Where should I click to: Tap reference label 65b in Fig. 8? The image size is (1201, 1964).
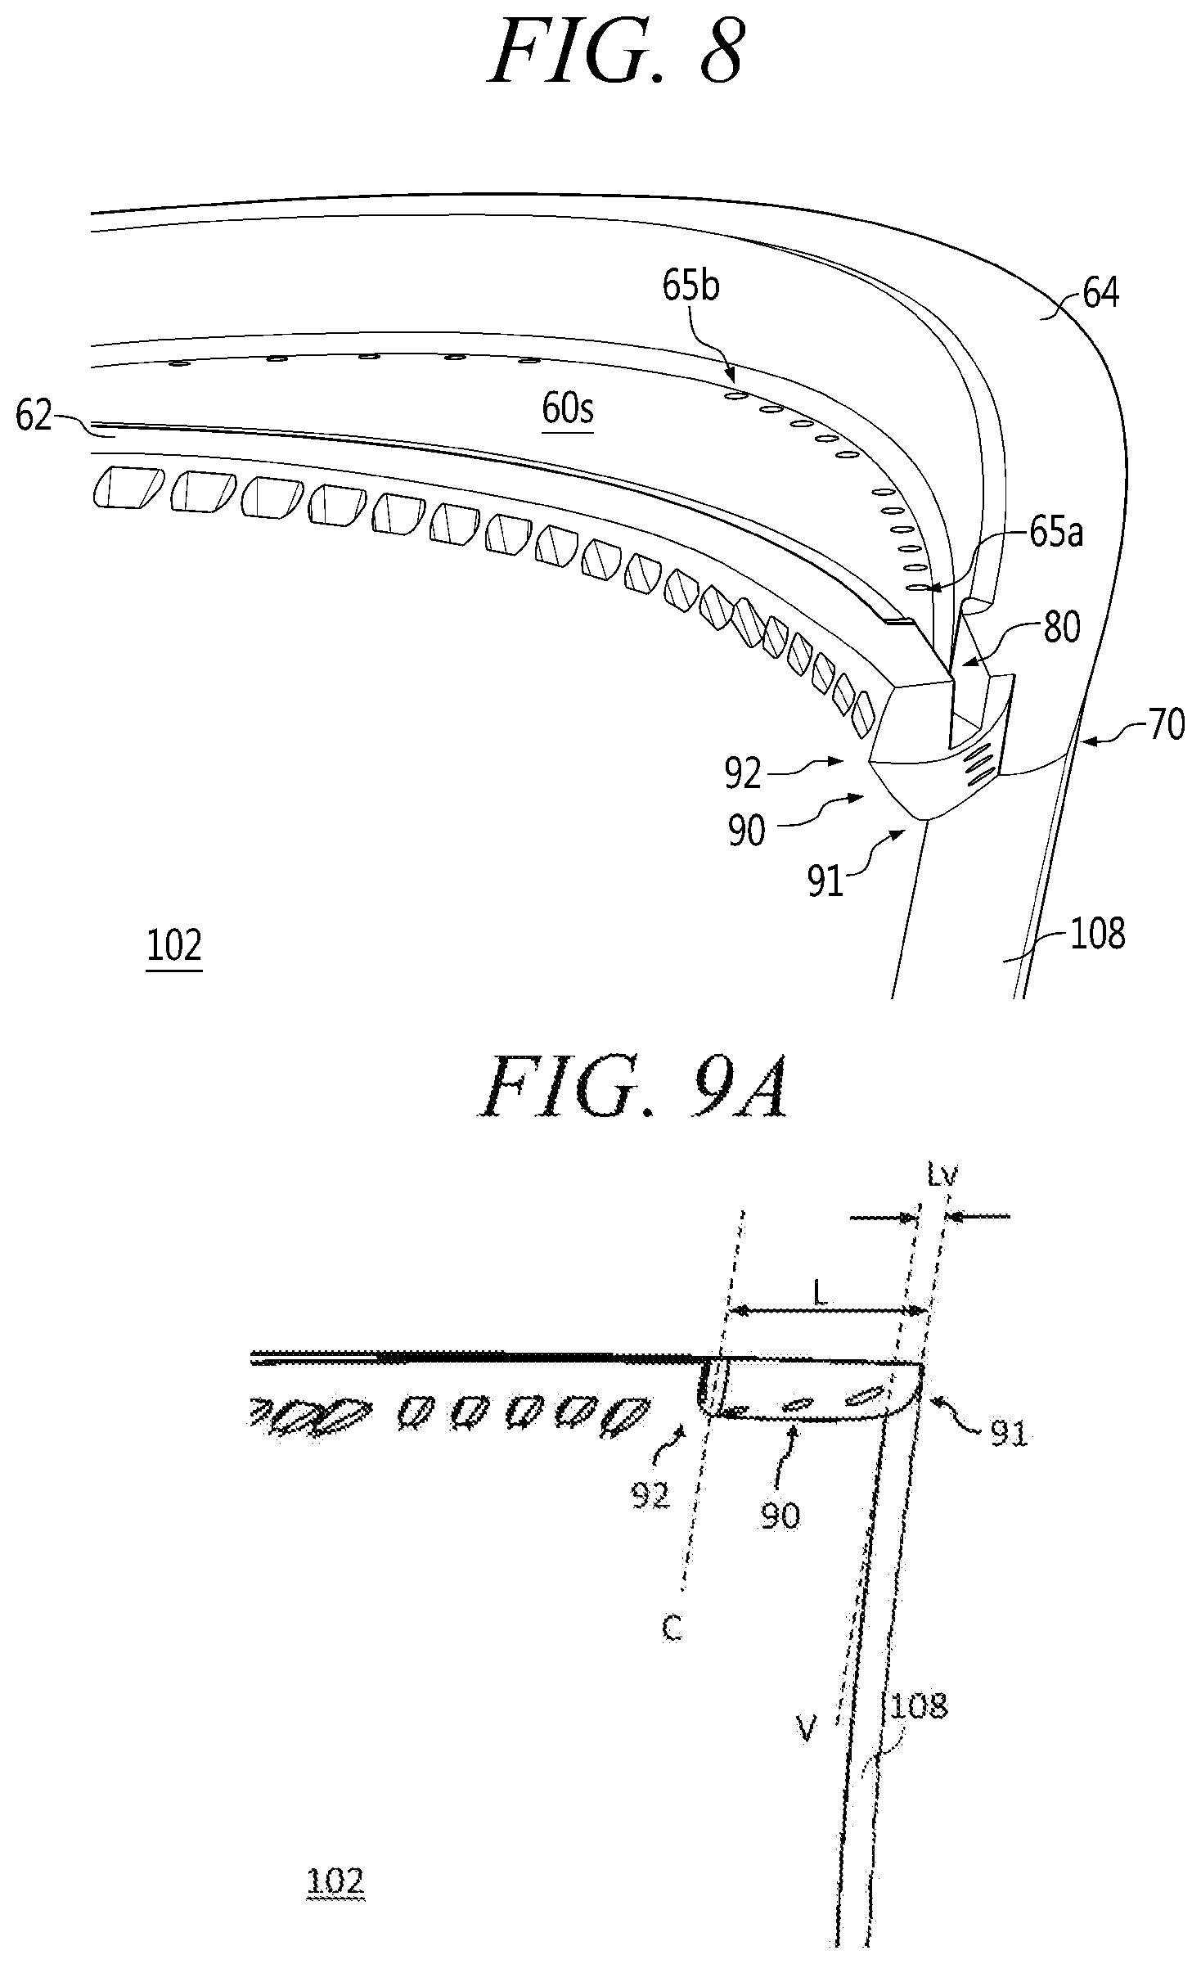click(692, 288)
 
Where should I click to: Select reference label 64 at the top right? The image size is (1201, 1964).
click(1100, 293)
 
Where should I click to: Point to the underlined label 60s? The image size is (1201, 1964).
click(567, 408)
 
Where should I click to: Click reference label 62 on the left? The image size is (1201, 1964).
click(34, 417)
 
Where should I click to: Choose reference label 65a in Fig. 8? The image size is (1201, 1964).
click(1055, 534)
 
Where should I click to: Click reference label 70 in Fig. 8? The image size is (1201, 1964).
click(1165, 725)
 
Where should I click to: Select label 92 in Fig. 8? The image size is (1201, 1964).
click(744, 773)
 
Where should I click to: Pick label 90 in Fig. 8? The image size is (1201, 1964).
click(745, 830)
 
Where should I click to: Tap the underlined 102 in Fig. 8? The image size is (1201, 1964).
click(174, 947)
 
